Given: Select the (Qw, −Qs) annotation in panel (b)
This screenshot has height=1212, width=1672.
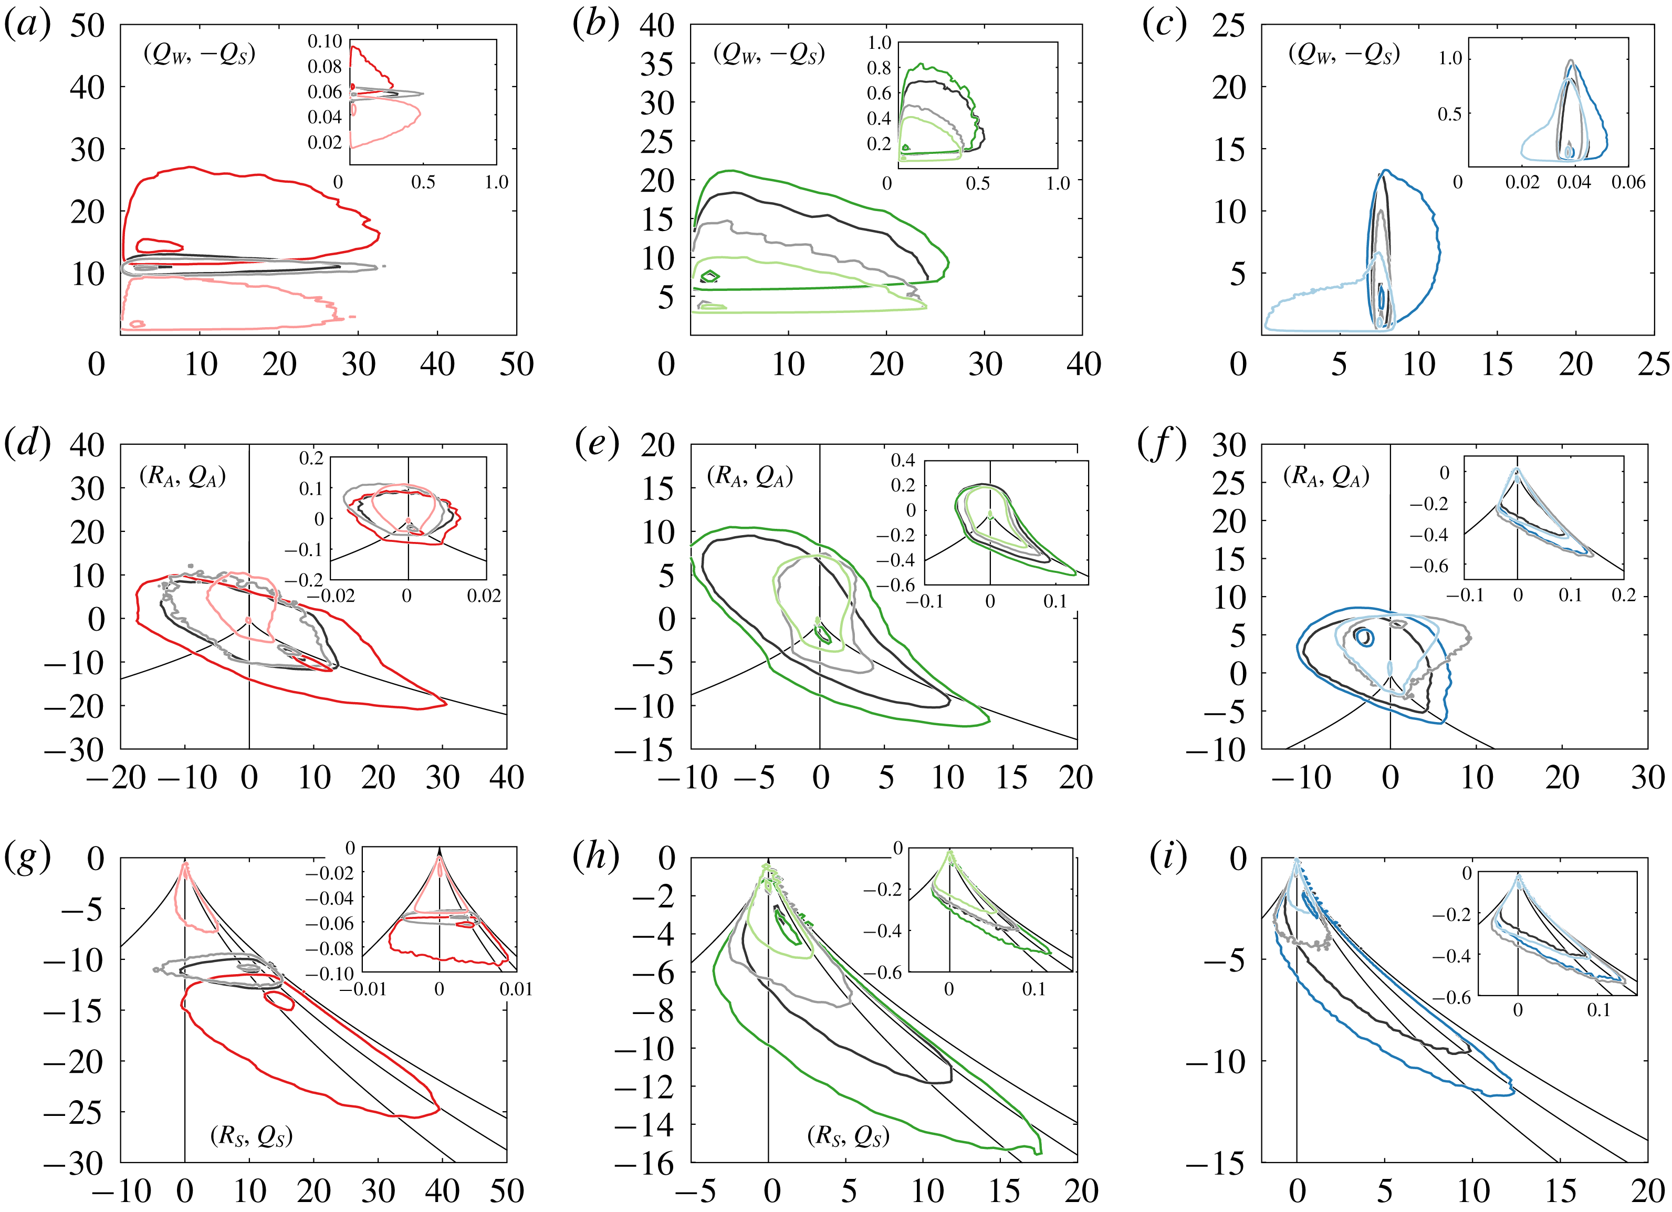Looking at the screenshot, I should (x=769, y=54).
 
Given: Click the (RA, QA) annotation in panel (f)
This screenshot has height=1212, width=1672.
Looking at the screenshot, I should (x=1325, y=476).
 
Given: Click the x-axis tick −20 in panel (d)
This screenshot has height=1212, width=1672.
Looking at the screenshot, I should (x=117, y=778).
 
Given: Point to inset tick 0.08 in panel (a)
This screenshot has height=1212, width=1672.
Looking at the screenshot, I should (x=325, y=66).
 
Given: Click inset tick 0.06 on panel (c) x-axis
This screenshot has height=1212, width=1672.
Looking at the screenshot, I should (x=1628, y=182).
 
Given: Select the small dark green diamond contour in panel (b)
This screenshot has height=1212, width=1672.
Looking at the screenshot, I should (x=710, y=276).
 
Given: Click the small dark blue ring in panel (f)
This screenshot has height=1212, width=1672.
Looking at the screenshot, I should (x=1364, y=638).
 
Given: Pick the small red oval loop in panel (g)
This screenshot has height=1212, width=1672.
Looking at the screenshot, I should (x=279, y=1000).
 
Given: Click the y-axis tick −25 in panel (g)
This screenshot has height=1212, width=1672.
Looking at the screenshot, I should (x=72, y=1112).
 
